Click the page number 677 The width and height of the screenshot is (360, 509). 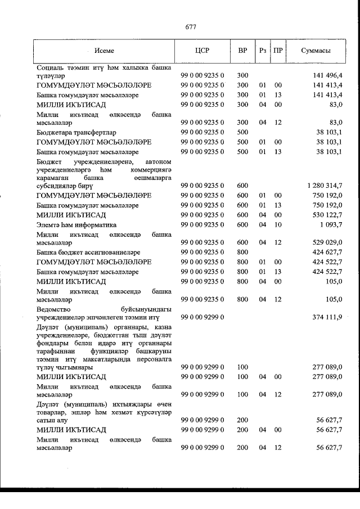click(190, 26)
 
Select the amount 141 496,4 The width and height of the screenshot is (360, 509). click(325, 75)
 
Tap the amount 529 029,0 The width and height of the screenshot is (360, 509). click(325, 242)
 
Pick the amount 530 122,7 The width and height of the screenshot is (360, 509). click(325, 215)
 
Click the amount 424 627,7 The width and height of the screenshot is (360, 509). click(325, 253)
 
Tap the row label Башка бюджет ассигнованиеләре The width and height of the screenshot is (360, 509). click(88, 253)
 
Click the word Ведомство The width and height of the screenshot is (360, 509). click(55, 309)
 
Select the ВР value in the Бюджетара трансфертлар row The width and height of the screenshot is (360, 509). click(242, 133)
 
